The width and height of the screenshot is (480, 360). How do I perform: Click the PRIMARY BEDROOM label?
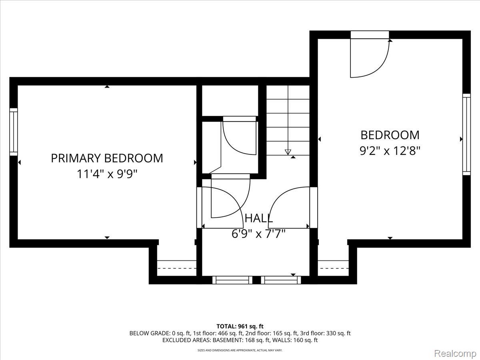107,158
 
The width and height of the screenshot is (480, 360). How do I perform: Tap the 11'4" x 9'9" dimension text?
107,174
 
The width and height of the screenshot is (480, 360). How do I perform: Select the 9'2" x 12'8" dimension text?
390,151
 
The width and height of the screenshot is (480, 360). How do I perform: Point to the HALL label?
259,218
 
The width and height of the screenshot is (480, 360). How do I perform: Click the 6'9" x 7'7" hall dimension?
259,234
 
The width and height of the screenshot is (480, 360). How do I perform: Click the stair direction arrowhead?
288,152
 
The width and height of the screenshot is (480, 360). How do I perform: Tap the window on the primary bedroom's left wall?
14,132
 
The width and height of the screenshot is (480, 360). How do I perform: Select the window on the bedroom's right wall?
466,134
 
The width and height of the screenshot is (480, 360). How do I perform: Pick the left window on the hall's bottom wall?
232,280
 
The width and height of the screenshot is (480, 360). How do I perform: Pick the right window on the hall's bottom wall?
281,280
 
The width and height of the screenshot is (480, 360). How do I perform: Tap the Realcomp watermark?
455,353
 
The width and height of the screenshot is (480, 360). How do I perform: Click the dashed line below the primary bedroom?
177,268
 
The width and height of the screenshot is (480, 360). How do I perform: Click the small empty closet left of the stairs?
230,100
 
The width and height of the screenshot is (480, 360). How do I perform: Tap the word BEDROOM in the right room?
390,135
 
